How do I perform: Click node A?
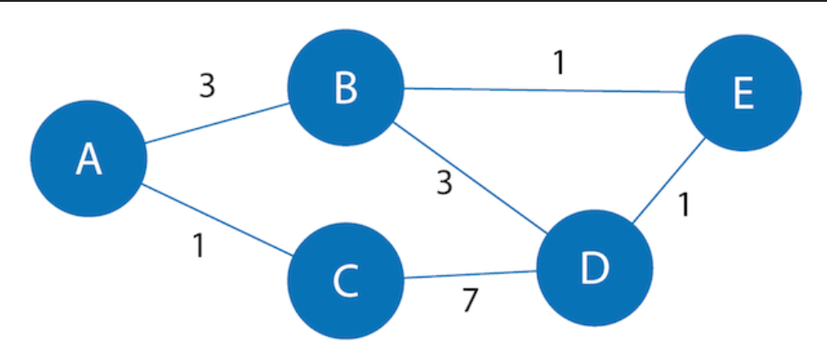(88, 159)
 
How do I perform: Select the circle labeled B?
(345, 87)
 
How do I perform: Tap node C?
(345, 281)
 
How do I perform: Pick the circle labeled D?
(594, 267)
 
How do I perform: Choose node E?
(742, 93)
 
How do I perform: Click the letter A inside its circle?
(88, 159)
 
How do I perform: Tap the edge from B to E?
(543, 90)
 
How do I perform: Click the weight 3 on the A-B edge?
(206, 87)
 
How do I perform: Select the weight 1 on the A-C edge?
(198, 246)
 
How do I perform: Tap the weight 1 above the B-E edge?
(558, 64)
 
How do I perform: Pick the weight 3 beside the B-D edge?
(443, 183)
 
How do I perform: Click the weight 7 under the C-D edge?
(470, 301)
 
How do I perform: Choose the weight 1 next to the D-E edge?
(684, 205)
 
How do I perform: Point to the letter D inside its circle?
(594, 267)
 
